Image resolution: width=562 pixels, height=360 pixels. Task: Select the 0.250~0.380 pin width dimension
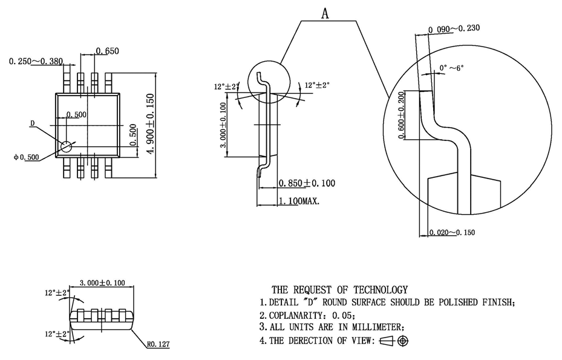pos(36,61)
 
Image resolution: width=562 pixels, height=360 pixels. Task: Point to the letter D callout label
pos(33,123)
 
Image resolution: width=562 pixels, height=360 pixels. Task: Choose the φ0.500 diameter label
pos(26,157)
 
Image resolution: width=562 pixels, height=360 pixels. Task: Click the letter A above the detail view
pos(325,14)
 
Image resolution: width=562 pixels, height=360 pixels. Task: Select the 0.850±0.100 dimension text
pos(307,183)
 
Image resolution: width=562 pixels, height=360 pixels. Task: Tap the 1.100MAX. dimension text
pos(299,201)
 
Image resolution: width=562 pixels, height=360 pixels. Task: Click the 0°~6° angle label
pos(451,68)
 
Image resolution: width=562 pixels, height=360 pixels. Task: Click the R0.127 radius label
pos(158,344)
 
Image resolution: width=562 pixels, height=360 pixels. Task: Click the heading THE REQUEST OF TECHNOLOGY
pos(339,290)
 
